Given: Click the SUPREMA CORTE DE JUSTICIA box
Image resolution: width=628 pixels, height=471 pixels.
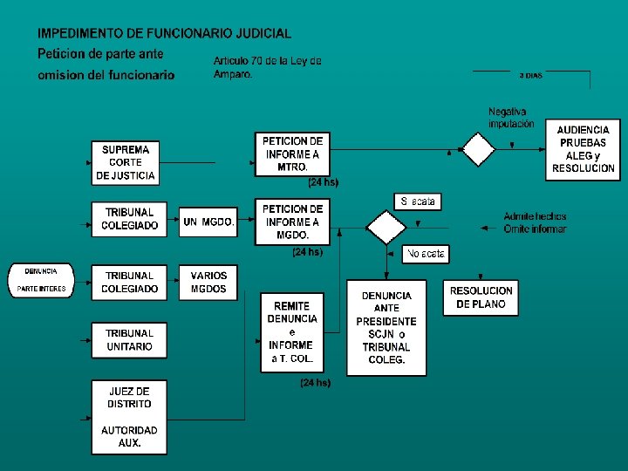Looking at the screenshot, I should coord(129,162).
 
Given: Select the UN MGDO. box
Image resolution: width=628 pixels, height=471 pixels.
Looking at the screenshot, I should coord(208,222).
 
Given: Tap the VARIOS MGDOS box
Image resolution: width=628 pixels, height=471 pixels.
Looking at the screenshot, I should coord(208,282).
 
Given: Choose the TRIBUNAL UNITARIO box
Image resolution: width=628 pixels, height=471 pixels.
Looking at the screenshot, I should coord(129,340).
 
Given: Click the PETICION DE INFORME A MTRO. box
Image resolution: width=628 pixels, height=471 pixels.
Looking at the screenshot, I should coord(292,154).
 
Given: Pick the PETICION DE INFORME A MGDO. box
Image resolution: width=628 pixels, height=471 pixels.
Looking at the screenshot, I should coord(292,222).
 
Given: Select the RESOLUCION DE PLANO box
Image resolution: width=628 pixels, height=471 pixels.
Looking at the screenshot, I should coord(481,297).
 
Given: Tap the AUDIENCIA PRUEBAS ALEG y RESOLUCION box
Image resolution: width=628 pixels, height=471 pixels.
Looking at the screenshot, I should coord(584,148).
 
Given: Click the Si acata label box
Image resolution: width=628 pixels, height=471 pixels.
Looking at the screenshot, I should coord(418,201).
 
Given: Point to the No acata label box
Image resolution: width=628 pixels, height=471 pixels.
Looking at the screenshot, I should coord(427,255).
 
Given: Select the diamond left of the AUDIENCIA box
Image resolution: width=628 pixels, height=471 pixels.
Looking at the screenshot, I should coord(478,149).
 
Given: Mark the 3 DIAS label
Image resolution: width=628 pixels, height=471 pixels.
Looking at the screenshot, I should coord(530,76).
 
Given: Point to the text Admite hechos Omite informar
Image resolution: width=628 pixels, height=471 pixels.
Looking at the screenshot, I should coord(535,222).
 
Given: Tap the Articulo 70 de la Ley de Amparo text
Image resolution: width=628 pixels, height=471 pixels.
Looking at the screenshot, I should coord(267,67).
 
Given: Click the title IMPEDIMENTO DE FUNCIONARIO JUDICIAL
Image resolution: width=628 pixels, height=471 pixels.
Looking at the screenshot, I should coord(164,33).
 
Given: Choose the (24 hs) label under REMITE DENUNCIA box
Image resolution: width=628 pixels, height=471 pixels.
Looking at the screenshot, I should coord(315,382).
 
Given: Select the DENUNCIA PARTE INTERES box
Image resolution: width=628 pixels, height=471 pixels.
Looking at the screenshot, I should coord(41,280).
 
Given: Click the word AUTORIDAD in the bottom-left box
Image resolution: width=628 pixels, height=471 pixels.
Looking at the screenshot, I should coord(129,430).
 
